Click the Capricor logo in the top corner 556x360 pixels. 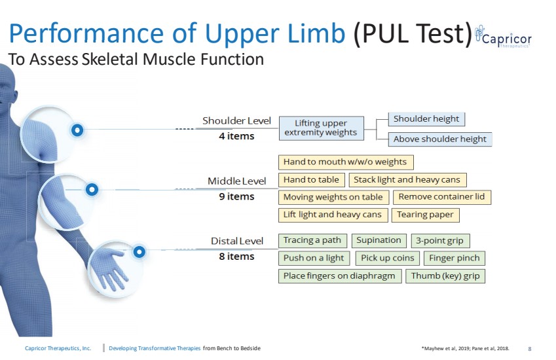point(504,37)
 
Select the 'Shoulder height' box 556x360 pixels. point(426,119)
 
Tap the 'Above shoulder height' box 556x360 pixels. point(440,139)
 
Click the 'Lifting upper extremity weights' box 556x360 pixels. point(322,128)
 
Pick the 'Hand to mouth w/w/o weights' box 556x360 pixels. point(346,162)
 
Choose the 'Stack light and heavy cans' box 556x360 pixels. point(407,180)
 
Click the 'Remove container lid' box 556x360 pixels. point(442,197)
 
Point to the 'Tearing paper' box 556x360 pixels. point(426,215)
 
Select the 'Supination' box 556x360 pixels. point(379,241)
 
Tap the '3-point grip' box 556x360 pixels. point(440,241)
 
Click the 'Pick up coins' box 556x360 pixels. point(388,259)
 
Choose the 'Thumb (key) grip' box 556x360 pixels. point(445,276)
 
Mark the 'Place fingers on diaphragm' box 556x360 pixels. point(340,276)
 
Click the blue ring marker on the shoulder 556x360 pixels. point(77,130)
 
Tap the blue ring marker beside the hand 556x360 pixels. point(139,252)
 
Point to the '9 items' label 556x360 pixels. point(237,196)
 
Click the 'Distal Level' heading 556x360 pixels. point(237,242)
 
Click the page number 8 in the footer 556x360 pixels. point(530,349)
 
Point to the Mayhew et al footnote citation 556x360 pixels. point(465,348)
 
